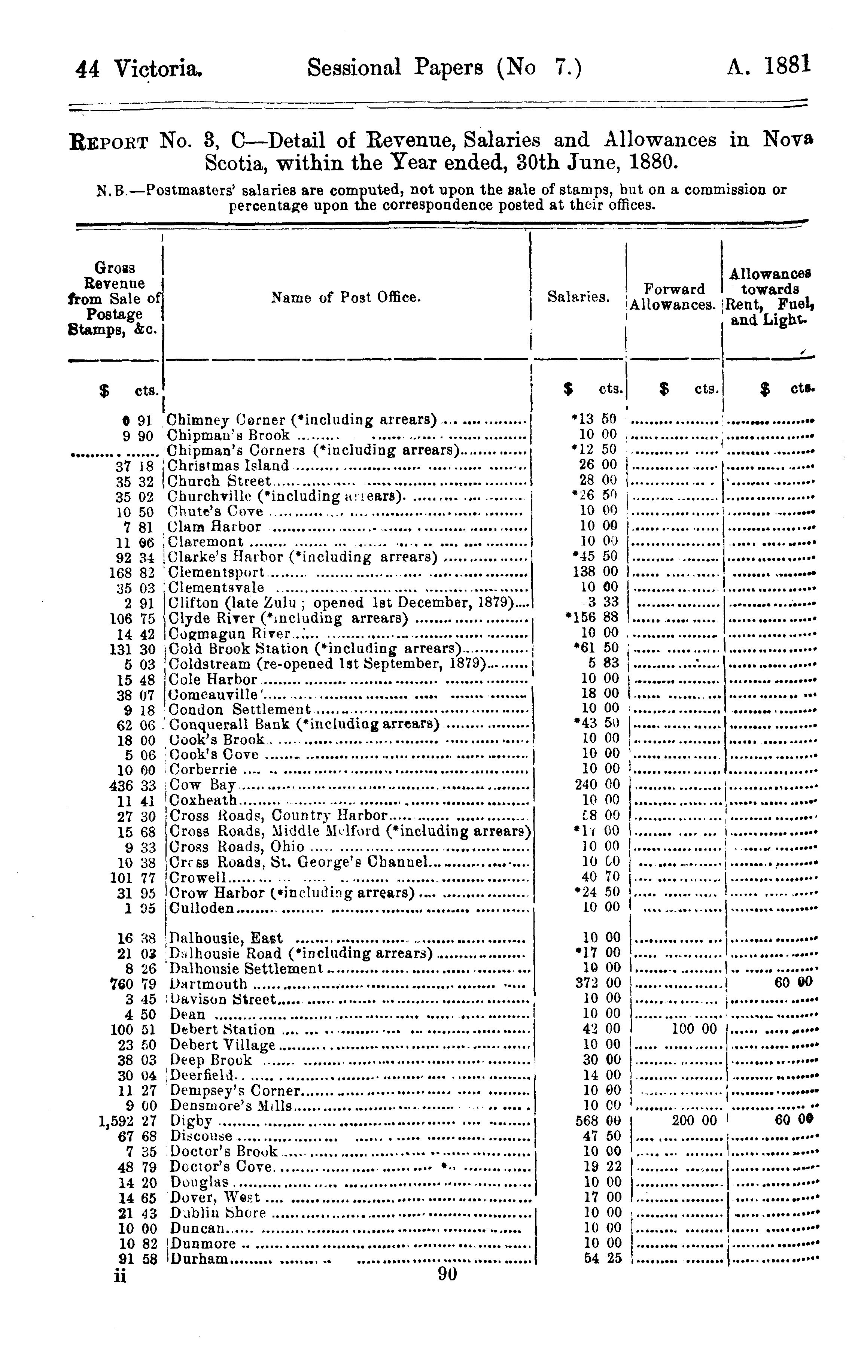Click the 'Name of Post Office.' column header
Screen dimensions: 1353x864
click(x=346, y=297)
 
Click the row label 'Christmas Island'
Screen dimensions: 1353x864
click(x=228, y=465)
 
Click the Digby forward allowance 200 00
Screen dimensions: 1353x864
click(x=694, y=1121)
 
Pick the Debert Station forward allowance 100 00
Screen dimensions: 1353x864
click(x=694, y=1029)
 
